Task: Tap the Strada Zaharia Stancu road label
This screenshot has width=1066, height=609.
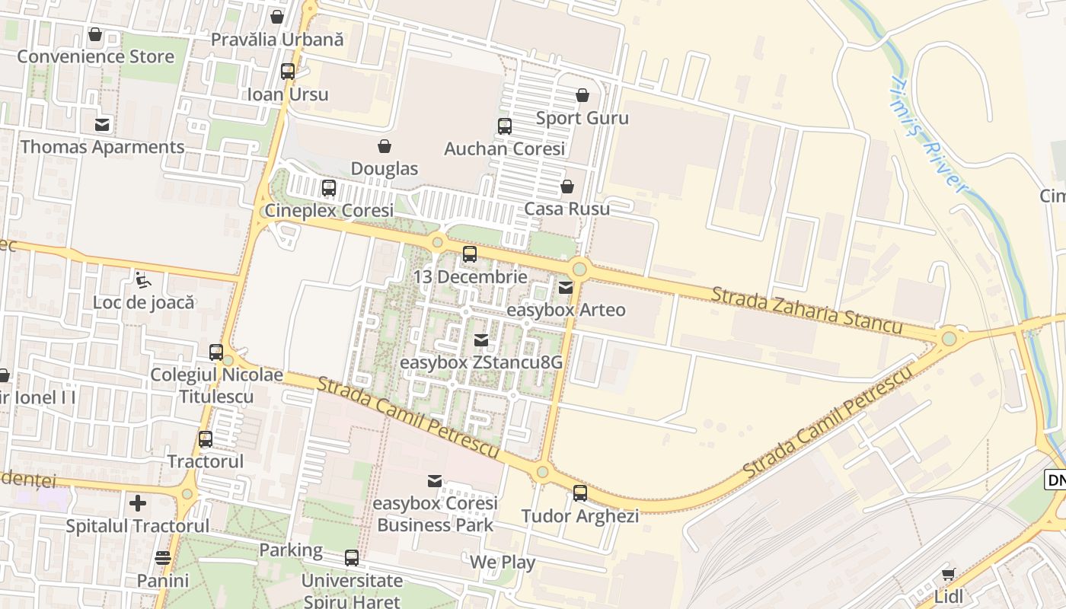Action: (x=806, y=310)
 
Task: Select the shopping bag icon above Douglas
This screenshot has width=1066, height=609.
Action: (x=385, y=145)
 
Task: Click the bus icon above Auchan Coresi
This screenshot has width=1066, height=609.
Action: (x=504, y=126)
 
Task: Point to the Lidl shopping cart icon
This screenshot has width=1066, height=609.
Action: (x=948, y=574)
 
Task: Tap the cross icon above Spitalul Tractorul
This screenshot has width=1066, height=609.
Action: (x=137, y=502)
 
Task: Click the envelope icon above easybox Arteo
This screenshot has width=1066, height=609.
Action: (x=566, y=288)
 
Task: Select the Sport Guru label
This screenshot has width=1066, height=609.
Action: (x=582, y=118)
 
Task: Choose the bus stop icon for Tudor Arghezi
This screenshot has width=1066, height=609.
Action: (x=580, y=493)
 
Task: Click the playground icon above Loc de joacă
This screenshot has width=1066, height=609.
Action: (x=142, y=280)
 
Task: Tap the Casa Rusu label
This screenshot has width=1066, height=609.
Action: (x=567, y=209)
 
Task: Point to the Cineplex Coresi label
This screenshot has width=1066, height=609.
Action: (x=329, y=210)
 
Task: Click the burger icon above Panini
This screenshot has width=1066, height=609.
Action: (x=162, y=558)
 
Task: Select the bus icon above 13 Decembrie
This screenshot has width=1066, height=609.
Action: (x=470, y=254)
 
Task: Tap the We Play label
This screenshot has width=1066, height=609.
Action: (x=502, y=563)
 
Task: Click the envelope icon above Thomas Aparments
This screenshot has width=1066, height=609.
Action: (x=102, y=125)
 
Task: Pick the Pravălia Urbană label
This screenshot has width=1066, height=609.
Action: (x=277, y=39)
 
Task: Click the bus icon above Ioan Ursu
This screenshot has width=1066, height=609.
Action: (x=288, y=72)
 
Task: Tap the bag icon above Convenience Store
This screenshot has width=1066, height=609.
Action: (x=95, y=34)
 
